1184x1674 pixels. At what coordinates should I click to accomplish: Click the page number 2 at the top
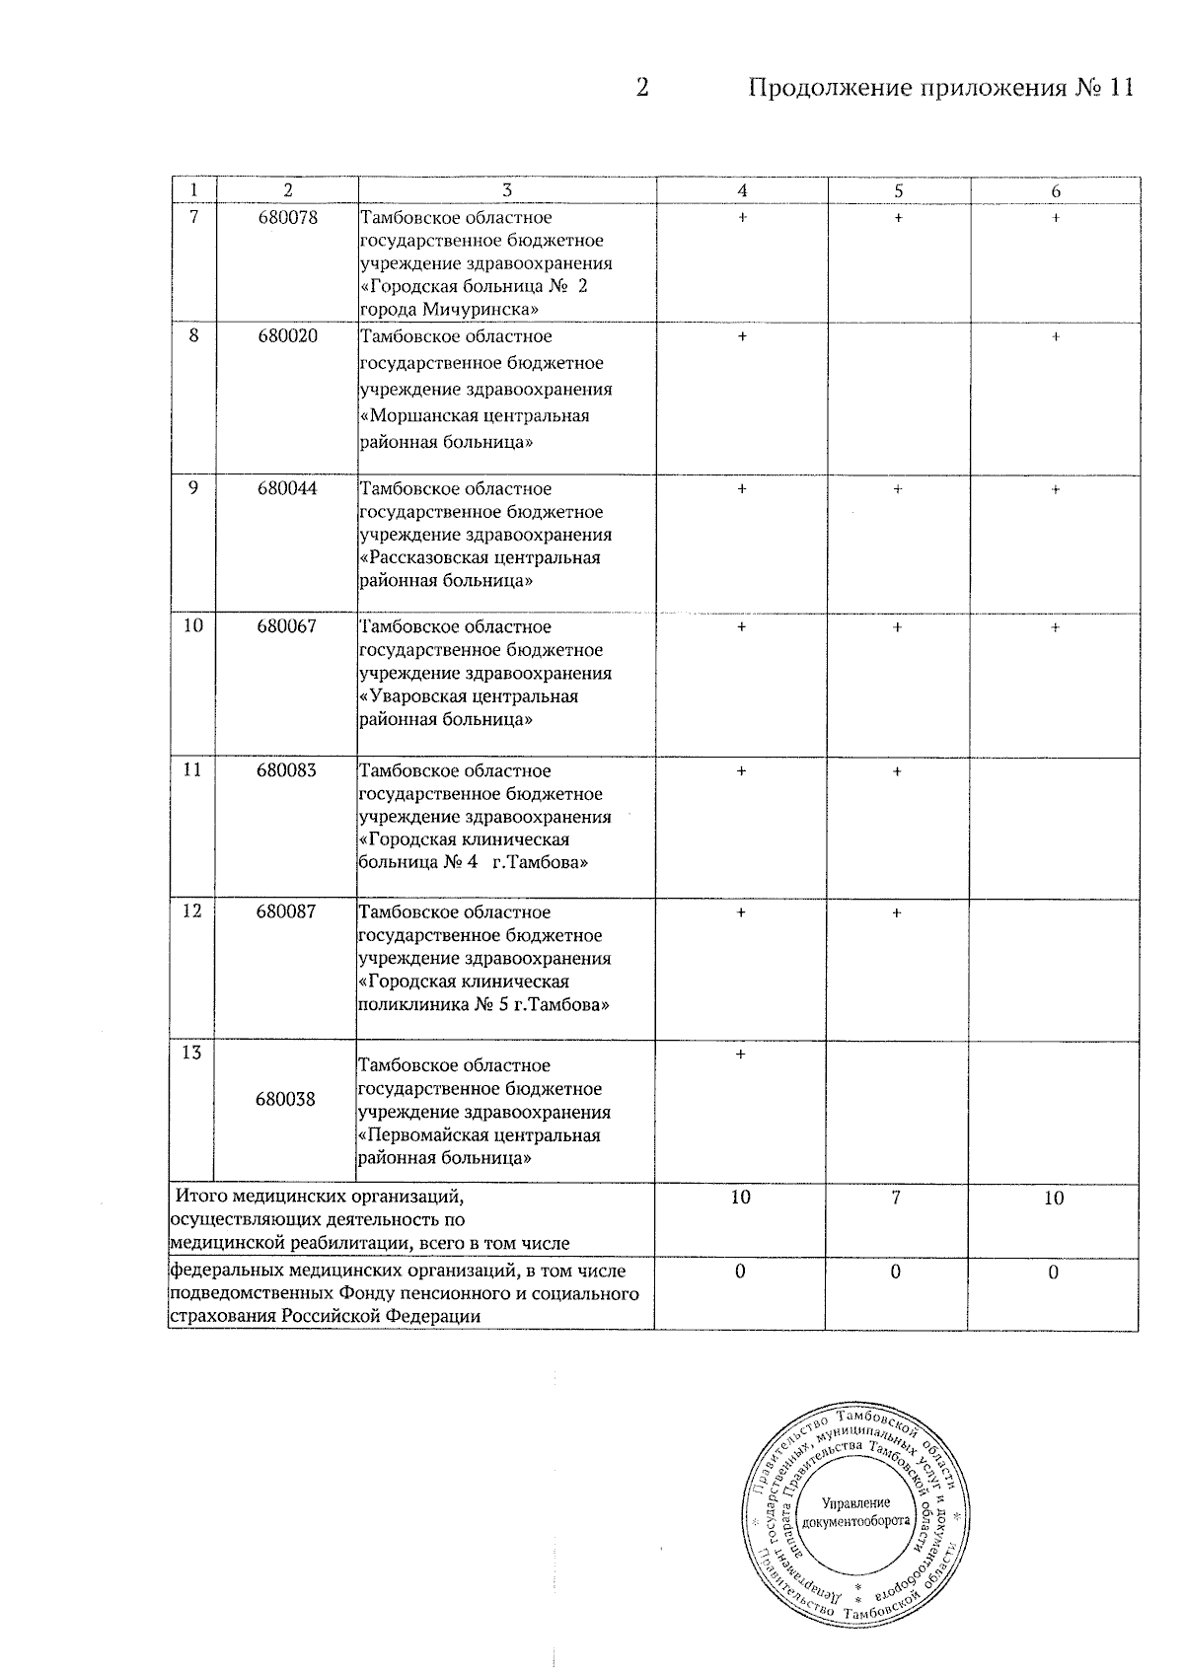(x=642, y=88)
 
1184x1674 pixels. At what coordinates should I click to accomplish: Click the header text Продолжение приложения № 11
(x=941, y=88)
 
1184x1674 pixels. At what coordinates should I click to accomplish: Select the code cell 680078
(x=287, y=217)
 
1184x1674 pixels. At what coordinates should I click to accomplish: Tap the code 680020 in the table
(x=287, y=336)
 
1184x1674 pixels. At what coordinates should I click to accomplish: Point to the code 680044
(x=287, y=488)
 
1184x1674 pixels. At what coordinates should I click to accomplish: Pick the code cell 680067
(x=287, y=626)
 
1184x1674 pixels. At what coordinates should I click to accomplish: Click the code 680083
(x=287, y=770)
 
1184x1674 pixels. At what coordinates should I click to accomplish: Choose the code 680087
(x=287, y=912)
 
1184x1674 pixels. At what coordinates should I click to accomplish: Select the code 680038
(x=286, y=1099)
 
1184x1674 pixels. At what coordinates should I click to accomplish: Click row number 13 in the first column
(x=192, y=1053)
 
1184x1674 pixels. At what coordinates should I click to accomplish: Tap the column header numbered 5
(x=898, y=191)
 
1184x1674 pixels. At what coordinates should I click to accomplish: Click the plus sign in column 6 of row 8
(x=1055, y=337)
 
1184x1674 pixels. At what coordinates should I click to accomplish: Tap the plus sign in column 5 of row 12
(x=897, y=913)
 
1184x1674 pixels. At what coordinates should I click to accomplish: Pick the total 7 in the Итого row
(x=897, y=1198)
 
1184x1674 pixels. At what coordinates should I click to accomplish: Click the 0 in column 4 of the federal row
(x=740, y=1273)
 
